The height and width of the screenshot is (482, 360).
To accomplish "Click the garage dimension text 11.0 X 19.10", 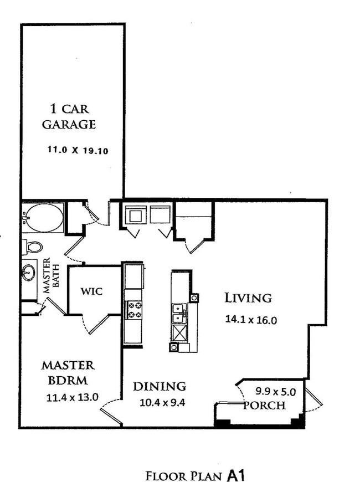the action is click(78, 150).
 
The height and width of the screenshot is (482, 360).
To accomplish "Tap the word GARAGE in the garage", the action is click(69, 124).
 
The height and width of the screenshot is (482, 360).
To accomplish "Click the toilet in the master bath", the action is click(32, 247).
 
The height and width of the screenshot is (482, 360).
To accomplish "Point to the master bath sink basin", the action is click(29, 273).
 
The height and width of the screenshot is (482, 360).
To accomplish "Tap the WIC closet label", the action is click(91, 291).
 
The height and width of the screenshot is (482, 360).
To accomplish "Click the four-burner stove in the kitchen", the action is click(135, 310).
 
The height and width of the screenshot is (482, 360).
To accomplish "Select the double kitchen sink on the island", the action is click(180, 313).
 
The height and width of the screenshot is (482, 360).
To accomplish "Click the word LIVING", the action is click(248, 298).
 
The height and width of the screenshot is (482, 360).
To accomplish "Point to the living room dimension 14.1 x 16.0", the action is click(251, 320).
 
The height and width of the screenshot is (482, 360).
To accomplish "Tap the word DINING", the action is click(160, 386).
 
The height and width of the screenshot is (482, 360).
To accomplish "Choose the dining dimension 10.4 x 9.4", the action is click(162, 402).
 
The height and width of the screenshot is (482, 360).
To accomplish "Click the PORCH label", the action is click(265, 405).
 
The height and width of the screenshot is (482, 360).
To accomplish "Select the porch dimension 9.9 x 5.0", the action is click(276, 392).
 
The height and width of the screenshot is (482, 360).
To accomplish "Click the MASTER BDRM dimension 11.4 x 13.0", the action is click(72, 397).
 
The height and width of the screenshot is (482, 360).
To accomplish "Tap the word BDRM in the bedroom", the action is click(68, 381).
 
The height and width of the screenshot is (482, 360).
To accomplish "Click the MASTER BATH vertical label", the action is click(51, 275).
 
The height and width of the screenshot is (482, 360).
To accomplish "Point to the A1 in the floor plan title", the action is click(236, 475).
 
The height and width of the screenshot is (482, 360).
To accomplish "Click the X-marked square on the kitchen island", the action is click(180, 332).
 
